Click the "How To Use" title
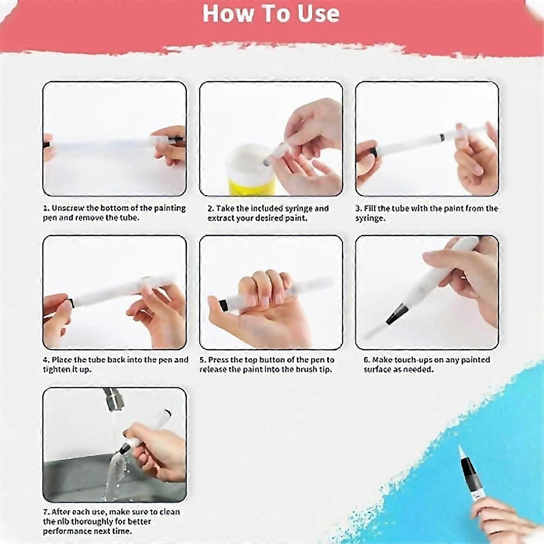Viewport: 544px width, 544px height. [x=271, y=14]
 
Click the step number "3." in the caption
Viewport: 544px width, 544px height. [x=359, y=209]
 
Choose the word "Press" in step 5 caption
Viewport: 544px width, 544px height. [x=218, y=360]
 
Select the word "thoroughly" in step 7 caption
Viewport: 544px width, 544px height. [x=88, y=522]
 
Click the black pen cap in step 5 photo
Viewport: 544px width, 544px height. [x=224, y=305]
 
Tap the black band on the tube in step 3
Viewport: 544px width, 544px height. [x=441, y=138]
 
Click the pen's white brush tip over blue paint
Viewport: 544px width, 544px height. [x=461, y=451]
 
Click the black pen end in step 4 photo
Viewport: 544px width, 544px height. [x=70, y=303]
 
